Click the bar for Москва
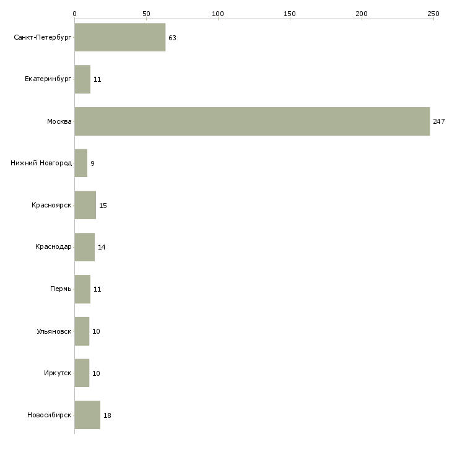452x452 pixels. [252, 121]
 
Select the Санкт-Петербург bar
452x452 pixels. [120, 38]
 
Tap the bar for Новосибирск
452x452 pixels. [87, 415]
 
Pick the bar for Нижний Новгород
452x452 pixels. [80, 163]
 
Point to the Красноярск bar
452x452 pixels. [85, 205]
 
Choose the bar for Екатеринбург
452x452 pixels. [82, 80]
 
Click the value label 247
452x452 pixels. [439, 121]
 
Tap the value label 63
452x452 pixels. [172, 38]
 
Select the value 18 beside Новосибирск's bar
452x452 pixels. [107, 415]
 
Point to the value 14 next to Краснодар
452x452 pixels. [102, 247]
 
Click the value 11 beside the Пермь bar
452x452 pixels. [97, 289]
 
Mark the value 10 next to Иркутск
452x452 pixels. [96, 373]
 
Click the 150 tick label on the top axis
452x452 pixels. [290, 13]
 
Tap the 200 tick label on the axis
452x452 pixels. [362, 13]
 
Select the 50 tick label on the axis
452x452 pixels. [146, 13]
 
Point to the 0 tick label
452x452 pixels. [74, 13]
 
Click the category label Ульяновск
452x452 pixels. [54, 331]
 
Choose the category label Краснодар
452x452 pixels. [53, 247]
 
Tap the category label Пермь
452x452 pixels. [61, 289]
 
